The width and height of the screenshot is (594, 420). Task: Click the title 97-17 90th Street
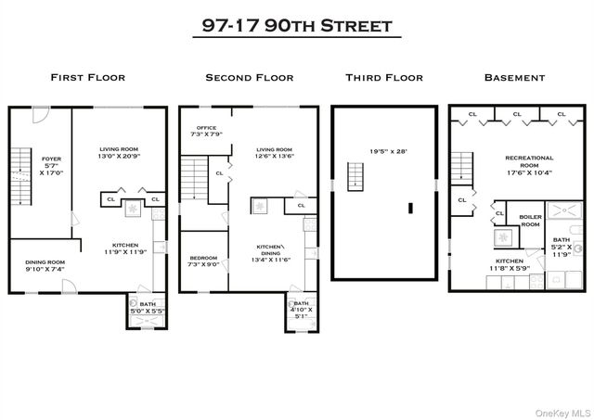296,25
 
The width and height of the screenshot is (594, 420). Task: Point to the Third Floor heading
383,78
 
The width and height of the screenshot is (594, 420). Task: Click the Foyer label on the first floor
51,165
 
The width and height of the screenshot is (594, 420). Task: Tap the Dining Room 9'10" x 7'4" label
44,266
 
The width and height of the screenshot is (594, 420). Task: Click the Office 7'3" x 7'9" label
205,132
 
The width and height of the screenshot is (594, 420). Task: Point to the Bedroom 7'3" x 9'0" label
203,261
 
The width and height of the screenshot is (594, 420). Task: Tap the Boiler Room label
529,221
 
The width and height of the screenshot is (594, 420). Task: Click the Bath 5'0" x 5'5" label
147,308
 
